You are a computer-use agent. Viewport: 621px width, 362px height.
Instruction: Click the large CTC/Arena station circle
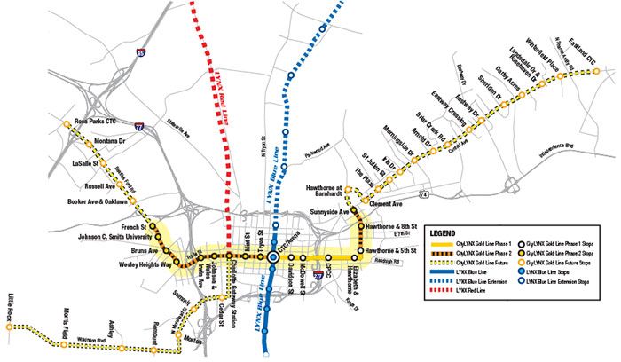pyautogui.click(x=273, y=257)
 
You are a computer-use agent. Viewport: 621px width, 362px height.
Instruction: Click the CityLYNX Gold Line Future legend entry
pyautogui.click(x=485, y=262)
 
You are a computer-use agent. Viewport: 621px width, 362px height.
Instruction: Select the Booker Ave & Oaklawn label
pyautogui.click(x=97, y=201)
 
